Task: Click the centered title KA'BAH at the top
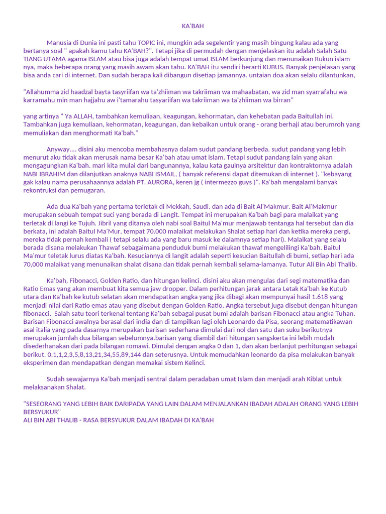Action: (192, 26)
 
